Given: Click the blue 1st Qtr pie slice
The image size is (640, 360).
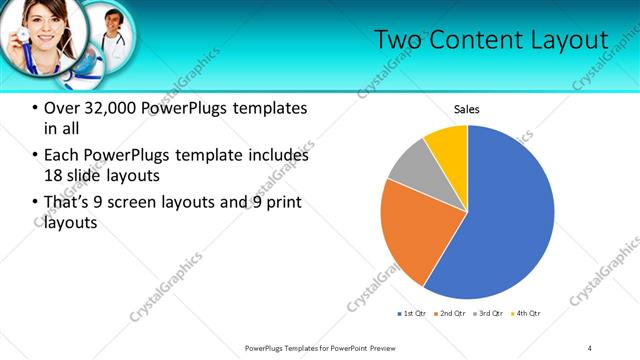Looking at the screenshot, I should [505, 215].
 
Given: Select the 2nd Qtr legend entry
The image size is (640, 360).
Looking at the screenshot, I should [450, 313].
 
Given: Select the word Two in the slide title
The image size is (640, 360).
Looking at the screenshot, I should [401, 40].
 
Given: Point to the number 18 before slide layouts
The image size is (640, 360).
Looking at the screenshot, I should [53, 176].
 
